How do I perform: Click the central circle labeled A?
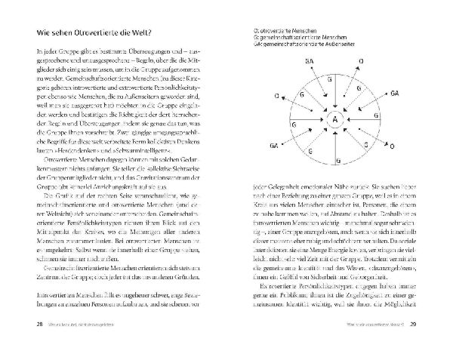334,118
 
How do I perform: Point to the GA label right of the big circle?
395,93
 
